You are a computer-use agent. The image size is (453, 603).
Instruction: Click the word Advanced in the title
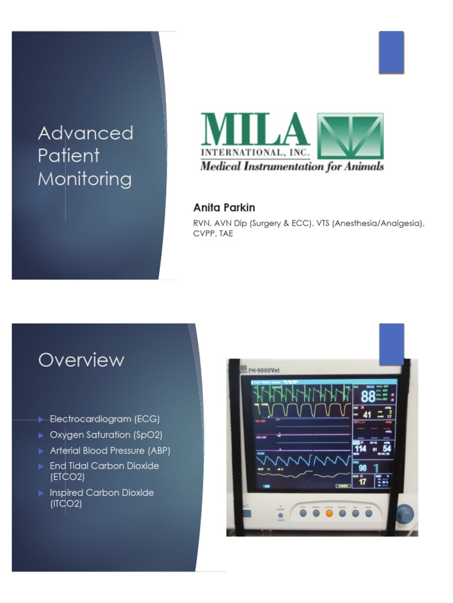tap(86, 133)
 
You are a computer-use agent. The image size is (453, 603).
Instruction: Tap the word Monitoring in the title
tap(85, 180)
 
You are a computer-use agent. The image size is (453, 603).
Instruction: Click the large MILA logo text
tap(255, 131)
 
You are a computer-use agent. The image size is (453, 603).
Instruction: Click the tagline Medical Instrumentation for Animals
tap(292, 167)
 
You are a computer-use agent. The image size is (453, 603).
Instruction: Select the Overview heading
tap(81, 360)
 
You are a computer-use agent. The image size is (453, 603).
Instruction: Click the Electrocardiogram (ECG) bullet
tap(105, 419)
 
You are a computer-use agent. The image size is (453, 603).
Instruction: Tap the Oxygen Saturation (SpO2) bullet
tap(106, 435)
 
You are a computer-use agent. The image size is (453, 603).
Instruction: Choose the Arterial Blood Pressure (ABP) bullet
tap(110, 450)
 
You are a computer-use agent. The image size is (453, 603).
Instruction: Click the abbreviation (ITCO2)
tap(66, 504)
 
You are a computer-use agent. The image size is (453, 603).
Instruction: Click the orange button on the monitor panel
tap(329, 513)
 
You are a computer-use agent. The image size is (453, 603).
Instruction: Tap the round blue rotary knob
tap(406, 512)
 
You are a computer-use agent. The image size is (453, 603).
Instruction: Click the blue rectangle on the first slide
tap(391, 52)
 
